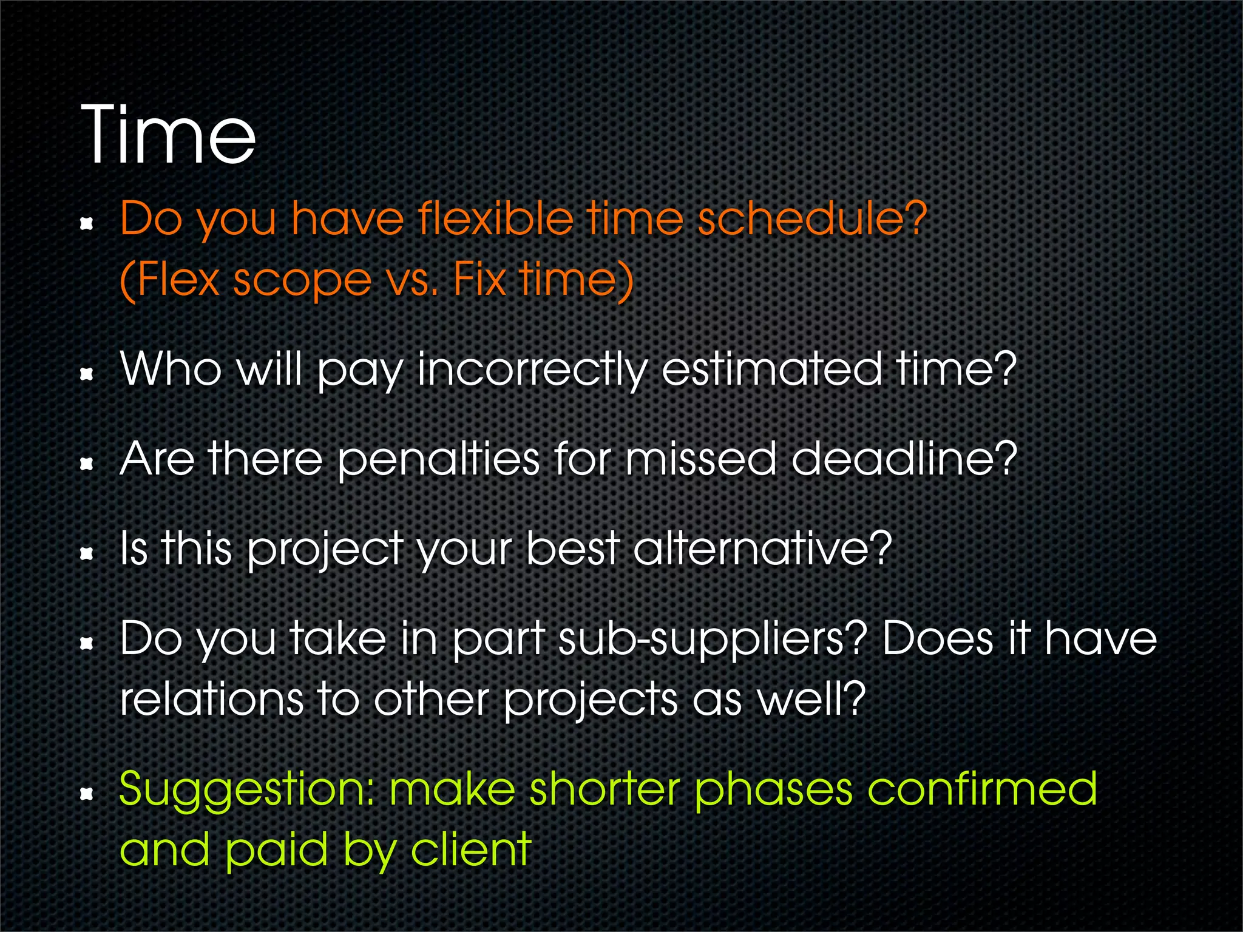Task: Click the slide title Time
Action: tap(168, 135)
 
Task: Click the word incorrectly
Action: tap(532, 370)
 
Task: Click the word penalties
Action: tap(438, 460)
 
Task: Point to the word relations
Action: tap(211, 699)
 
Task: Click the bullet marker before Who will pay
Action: tap(87, 375)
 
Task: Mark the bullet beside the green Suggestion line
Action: tap(87, 794)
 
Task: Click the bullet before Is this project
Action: tap(87, 553)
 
